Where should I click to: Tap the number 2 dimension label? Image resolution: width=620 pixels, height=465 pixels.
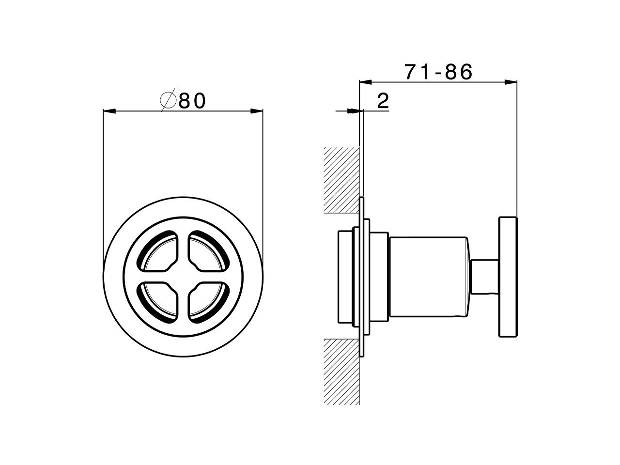tap(383, 101)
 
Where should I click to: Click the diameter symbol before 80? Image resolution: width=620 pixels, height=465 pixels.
tap(168, 101)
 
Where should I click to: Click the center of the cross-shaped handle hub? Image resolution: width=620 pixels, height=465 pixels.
tap(183, 276)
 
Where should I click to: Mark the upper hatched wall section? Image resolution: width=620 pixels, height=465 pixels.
tap(342, 179)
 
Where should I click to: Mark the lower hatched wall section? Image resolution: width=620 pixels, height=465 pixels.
tap(342, 371)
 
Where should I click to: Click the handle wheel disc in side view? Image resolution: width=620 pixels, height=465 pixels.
tap(508, 277)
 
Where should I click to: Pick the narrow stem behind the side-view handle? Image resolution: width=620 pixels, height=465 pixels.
tap(484, 277)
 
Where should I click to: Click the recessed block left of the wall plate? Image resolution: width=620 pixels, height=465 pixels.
tap(347, 277)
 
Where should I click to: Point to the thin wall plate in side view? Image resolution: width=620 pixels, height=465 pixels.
tap(361, 277)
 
